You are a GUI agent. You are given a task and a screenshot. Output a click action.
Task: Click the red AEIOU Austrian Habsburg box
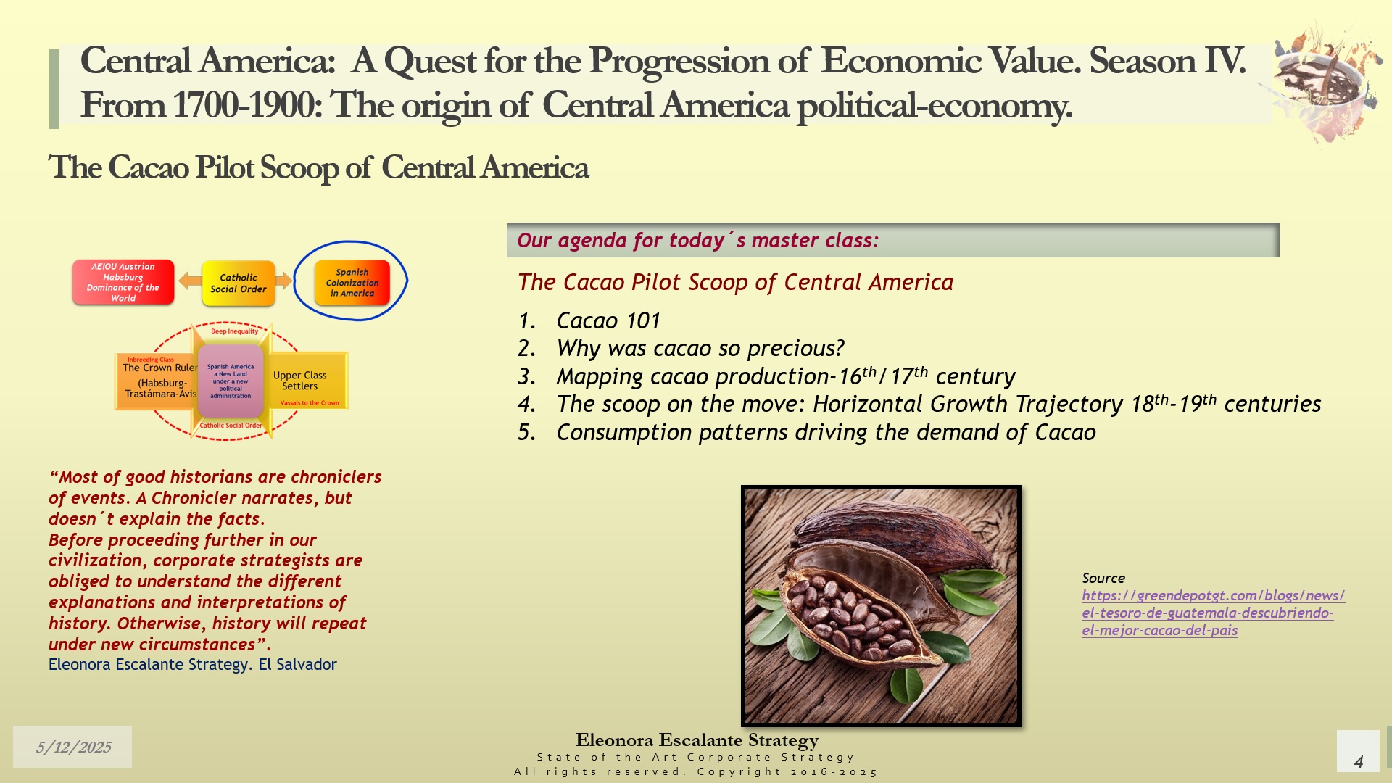coord(123,282)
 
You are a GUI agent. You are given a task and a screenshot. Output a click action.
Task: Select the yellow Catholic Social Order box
coord(239,283)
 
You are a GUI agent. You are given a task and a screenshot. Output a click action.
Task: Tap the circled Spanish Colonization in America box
coord(352,283)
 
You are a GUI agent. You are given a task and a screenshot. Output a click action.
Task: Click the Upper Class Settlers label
coord(299,381)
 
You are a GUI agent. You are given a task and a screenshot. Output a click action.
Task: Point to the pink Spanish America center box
coord(231,381)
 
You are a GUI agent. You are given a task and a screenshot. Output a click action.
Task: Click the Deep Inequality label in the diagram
coord(234,331)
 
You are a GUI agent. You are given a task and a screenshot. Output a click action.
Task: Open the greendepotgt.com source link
coord(1213,613)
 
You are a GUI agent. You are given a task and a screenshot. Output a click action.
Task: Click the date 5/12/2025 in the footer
coord(73,747)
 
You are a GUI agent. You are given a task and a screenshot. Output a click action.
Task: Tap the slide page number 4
coord(1359,761)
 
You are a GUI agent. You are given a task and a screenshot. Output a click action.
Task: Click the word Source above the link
coord(1103,578)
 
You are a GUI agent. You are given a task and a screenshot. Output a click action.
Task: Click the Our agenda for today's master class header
coord(697,241)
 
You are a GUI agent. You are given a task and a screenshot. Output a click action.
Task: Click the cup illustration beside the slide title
coord(1324,83)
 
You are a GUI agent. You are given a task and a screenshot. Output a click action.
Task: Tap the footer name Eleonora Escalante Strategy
coord(697,740)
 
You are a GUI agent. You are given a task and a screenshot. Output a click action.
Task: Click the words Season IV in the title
coord(1167,61)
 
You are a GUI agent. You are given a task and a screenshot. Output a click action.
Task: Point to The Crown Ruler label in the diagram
coord(159,368)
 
